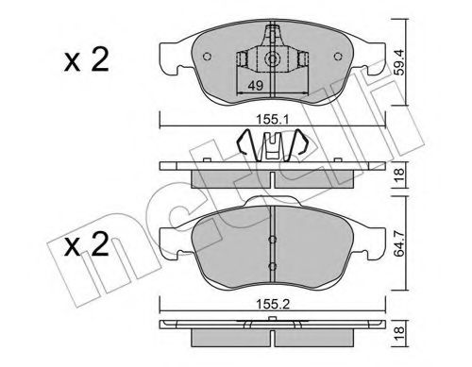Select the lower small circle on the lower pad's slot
click(272, 272)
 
